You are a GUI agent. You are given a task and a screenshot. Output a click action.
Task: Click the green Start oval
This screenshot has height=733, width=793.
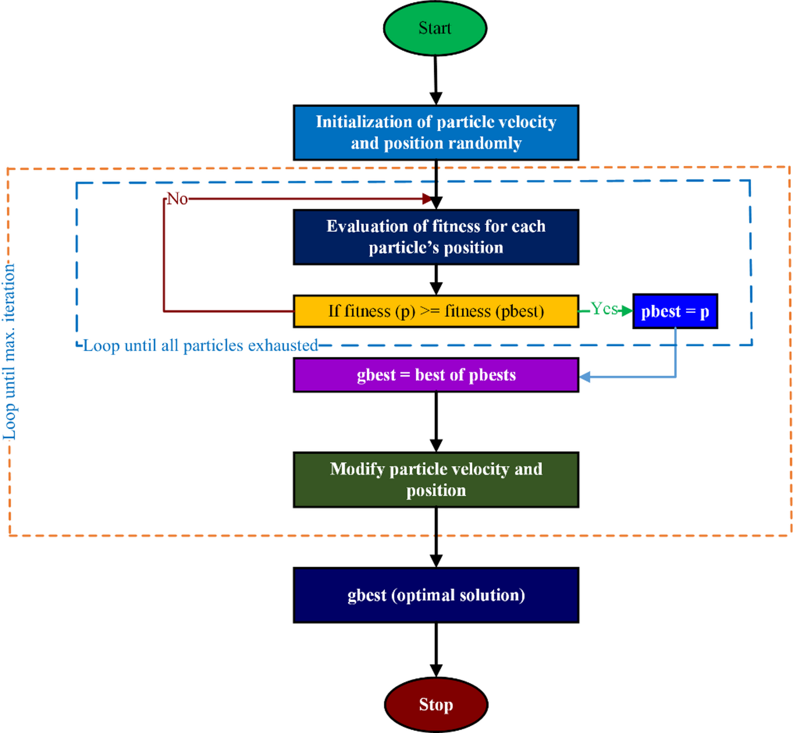coord(435,28)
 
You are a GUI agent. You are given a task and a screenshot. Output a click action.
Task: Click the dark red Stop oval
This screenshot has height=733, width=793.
coord(435,704)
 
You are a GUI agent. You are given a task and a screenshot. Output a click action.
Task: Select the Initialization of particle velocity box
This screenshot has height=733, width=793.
coord(436,133)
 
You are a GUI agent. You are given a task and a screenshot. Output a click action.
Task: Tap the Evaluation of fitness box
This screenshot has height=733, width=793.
coord(436,237)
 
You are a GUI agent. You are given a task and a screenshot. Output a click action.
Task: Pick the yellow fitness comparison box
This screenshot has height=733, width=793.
coord(436,311)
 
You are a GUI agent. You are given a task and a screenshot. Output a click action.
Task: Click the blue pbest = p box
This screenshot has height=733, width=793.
coord(675,311)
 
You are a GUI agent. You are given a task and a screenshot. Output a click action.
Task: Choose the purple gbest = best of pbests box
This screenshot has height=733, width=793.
coord(436,375)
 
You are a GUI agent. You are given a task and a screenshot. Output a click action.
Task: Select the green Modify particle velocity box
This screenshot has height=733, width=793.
coord(436,480)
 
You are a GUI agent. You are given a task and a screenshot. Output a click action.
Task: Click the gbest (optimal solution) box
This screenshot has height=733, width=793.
coord(436,595)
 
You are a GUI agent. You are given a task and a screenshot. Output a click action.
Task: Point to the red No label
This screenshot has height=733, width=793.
coord(177,199)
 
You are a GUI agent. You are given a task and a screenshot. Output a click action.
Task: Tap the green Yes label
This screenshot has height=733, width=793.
coord(604,309)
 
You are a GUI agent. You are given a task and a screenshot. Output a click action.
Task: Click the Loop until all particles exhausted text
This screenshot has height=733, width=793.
coord(200,345)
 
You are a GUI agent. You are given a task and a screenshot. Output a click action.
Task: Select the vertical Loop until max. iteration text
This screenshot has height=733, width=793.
coord(10,352)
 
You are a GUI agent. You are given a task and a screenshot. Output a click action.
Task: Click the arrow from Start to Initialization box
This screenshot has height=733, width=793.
coord(435,80)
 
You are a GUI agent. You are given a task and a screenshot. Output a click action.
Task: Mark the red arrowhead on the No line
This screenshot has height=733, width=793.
coord(427,198)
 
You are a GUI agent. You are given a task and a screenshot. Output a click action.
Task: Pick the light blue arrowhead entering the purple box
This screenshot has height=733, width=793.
coord(585,377)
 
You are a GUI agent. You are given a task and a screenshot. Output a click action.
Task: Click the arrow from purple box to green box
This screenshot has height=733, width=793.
coord(436,422)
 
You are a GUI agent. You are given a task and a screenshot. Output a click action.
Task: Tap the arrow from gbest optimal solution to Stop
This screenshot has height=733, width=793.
coord(436,650)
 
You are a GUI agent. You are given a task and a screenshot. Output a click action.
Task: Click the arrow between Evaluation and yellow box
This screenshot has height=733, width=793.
coord(436,280)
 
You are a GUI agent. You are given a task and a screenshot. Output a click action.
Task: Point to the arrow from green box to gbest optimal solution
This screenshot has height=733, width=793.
coord(436,537)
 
